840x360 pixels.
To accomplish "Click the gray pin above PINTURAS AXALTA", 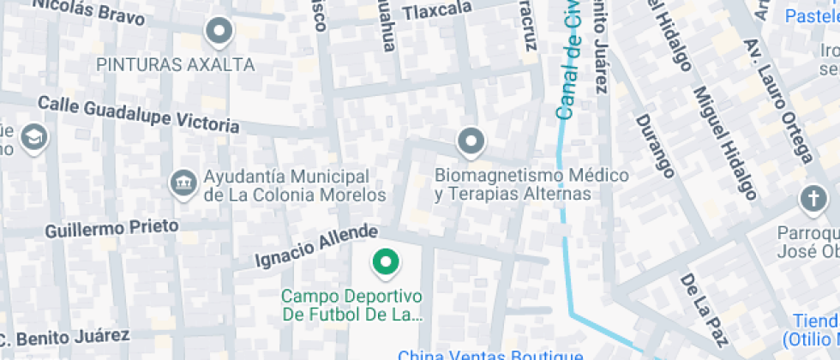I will (220, 33).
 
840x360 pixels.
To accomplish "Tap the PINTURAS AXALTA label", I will (175, 64).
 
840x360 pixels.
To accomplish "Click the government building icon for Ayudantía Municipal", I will (183, 182).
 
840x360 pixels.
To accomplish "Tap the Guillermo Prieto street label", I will (111, 228).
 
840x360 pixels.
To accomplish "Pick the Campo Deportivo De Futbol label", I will (353, 305).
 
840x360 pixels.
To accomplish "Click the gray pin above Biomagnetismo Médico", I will (471, 141).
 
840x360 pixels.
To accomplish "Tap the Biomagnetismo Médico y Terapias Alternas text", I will (531, 184).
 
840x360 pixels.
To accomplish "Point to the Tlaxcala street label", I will (438, 9).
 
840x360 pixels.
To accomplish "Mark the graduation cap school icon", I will (34, 137).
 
